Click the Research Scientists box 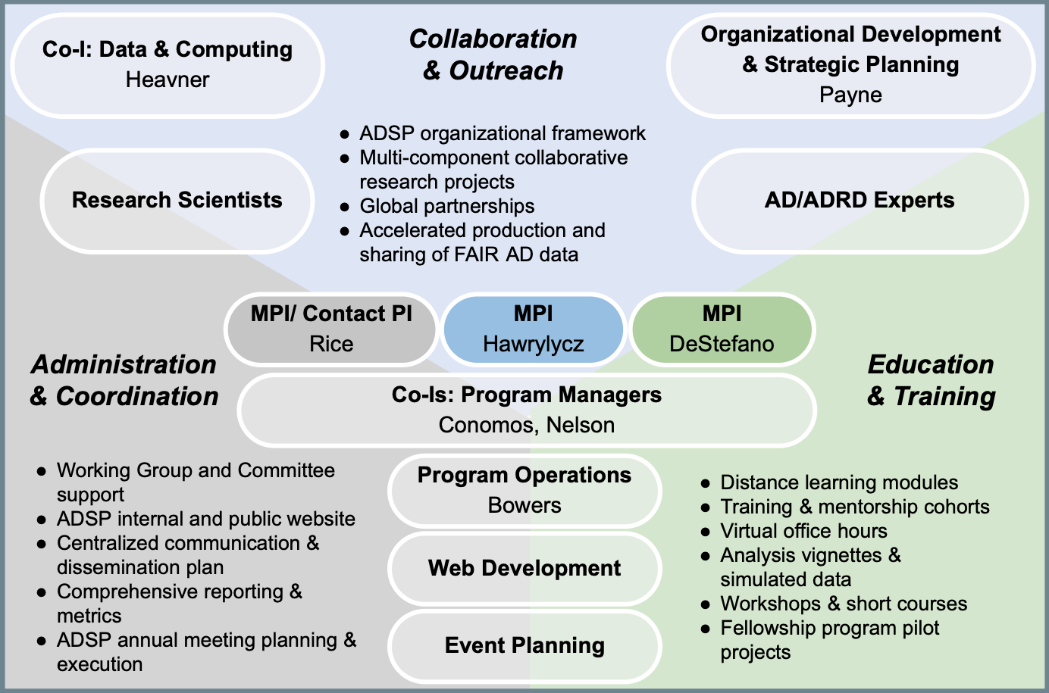pos(177,200)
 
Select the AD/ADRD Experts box pos(859,200)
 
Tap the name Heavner pos(168,80)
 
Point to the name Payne pos(850,95)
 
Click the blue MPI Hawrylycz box pos(533,329)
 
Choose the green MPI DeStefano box pos(722,329)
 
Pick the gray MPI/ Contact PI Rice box pos(331,329)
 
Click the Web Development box pos(524,568)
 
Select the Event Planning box pos(524,645)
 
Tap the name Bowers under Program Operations pos(524,505)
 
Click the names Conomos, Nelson pos(527,425)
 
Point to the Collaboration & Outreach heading pos(493,55)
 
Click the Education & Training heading pos(931,380)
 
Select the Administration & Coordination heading pos(124,380)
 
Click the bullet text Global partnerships pos(446,206)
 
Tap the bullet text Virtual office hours pos(803,531)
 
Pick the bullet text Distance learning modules pos(839,482)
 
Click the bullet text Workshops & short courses pos(844,604)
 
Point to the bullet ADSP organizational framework pos(503,133)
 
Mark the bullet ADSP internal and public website pos(205,519)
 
